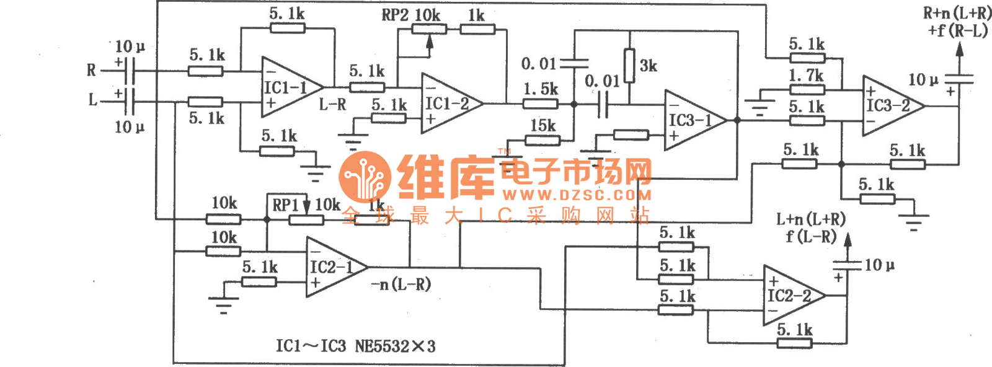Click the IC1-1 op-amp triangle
(288, 87)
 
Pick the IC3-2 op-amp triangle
(889, 105)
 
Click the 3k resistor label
(648, 66)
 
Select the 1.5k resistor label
(541, 89)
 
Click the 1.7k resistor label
(806, 76)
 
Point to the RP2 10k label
(410, 15)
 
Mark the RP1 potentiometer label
(286, 205)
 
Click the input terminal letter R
(92, 71)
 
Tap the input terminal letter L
(93, 100)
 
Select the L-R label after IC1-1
(332, 105)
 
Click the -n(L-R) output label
(401, 285)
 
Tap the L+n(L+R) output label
(810, 219)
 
